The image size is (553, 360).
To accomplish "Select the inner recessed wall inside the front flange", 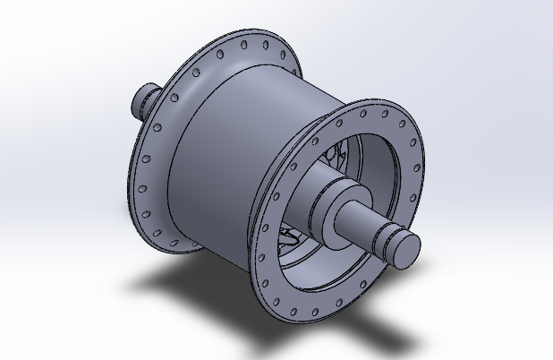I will [376, 161].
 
